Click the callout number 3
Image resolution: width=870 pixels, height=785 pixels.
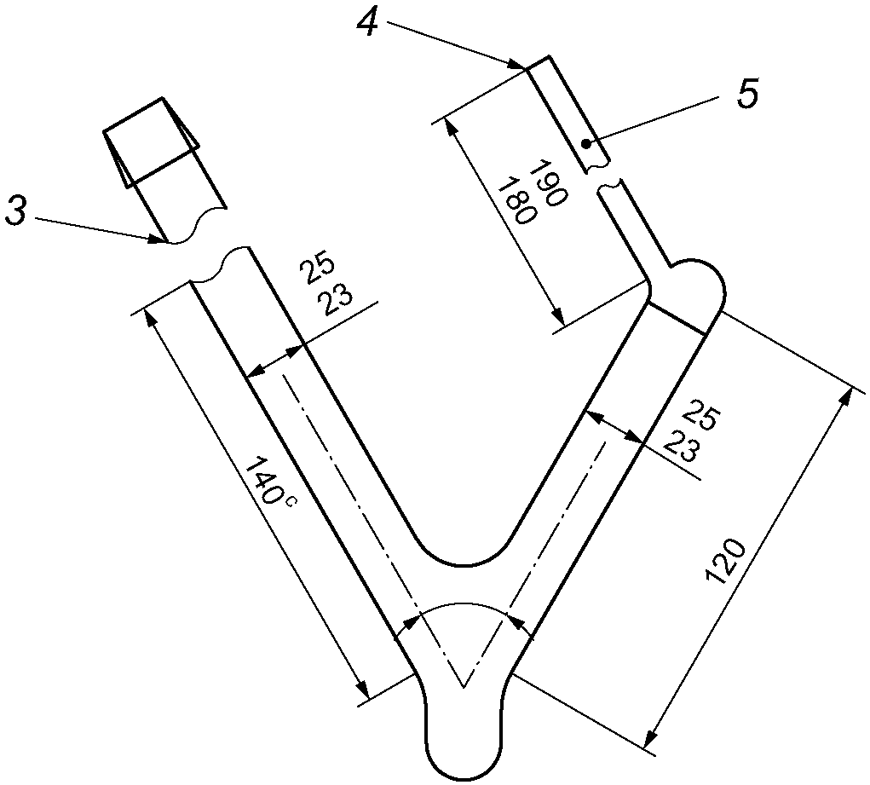(x=15, y=212)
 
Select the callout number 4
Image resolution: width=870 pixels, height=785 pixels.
(x=367, y=23)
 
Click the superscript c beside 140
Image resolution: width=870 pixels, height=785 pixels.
(x=291, y=502)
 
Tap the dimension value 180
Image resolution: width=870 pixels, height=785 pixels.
(x=516, y=199)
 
